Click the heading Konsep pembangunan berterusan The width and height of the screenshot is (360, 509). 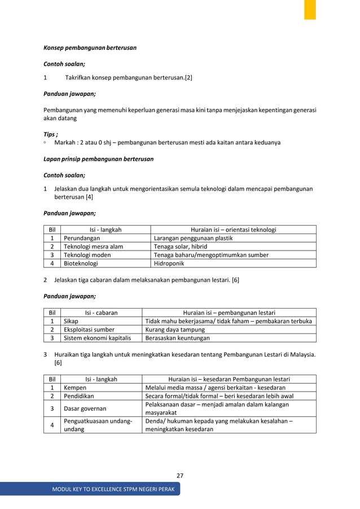[90, 48]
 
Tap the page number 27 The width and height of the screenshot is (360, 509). [179, 476]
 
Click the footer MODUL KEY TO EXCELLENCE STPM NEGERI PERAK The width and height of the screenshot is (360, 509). [113, 488]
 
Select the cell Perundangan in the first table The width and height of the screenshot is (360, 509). [78, 239]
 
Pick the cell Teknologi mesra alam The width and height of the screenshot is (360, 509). [93, 247]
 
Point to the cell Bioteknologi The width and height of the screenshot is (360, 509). [81, 263]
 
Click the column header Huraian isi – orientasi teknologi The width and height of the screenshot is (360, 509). [233, 230]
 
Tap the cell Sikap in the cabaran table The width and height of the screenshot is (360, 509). [71, 321]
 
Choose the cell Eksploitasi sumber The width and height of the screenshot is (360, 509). [89, 330]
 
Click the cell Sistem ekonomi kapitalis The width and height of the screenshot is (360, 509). [97, 338]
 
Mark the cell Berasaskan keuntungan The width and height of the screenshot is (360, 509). [177, 338]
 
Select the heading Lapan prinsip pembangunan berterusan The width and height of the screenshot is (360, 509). [99, 159]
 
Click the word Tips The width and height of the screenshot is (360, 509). [50, 134]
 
